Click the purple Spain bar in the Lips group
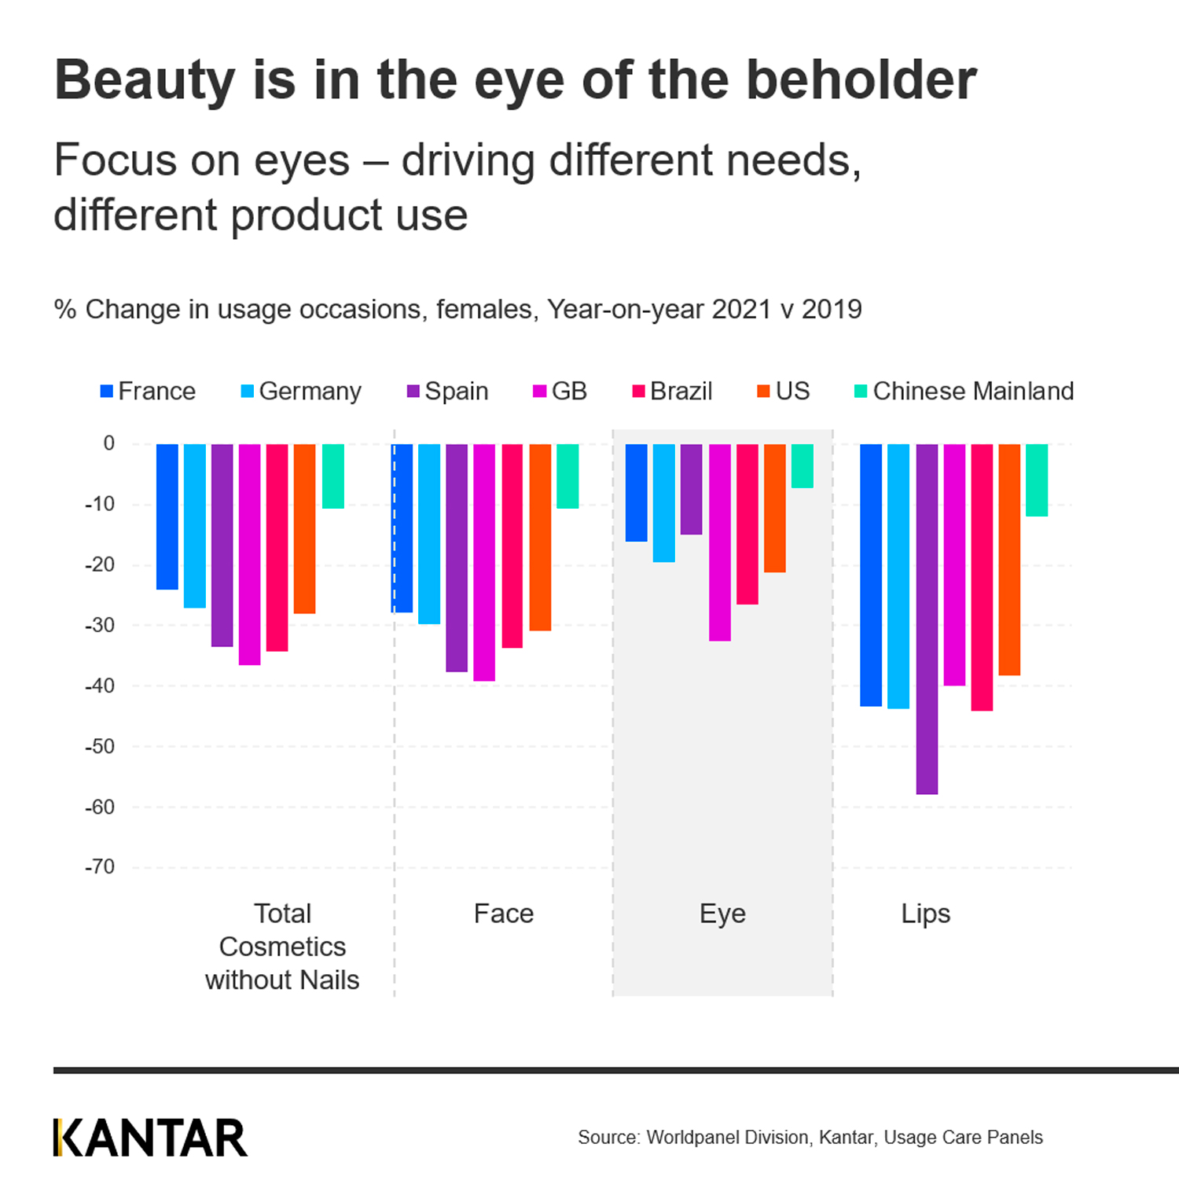click(927, 619)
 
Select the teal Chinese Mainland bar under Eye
click(803, 466)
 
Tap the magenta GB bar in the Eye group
click(720, 543)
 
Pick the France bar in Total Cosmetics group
click(167, 517)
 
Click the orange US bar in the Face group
click(540, 537)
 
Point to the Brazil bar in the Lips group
click(982, 577)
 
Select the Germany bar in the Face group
click(429, 534)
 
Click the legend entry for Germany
click(301, 391)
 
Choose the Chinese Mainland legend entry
click(964, 391)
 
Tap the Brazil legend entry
click(673, 391)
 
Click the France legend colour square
click(107, 391)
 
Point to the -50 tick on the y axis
click(100, 746)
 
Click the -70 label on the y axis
click(100, 866)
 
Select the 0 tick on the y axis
click(109, 443)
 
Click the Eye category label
click(722, 914)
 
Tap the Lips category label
click(926, 914)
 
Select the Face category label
click(504, 914)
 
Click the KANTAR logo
click(150, 1138)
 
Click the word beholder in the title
click(861, 80)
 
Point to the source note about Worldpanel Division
click(810, 1137)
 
